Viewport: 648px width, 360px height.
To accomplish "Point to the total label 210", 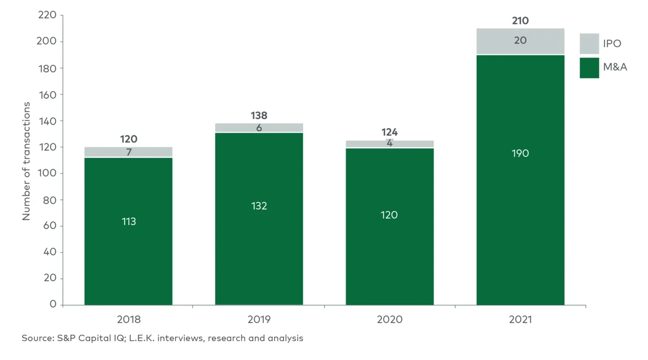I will tap(520, 21).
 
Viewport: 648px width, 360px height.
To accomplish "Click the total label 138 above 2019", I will tap(259, 115).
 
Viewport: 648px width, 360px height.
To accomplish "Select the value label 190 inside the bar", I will tap(520, 153).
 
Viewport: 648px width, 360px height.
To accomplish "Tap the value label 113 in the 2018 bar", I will tap(129, 221).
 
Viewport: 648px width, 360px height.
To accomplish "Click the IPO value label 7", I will tap(129, 152).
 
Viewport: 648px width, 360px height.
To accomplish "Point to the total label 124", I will tap(389, 133).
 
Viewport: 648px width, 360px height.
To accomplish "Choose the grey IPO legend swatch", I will tap(589, 44).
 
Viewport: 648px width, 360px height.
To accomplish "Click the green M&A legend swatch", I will tap(589, 68).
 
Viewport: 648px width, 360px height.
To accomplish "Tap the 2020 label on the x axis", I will tap(389, 320).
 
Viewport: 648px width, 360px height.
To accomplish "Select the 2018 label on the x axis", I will tap(129, 320).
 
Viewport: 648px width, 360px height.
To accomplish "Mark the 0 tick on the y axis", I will tap(53, 305).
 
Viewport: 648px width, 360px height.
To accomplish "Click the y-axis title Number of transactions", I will tap(26, 161).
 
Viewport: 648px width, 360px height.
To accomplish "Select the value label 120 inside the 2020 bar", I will tap(389, 215).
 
